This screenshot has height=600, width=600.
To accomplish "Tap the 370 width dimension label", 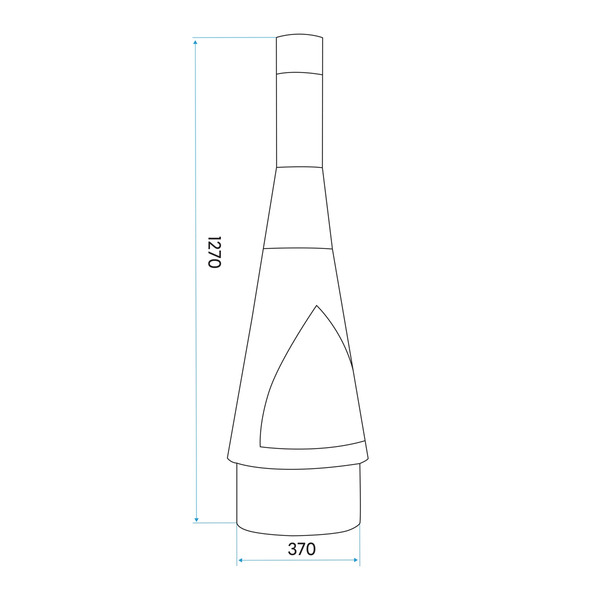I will tap(301, 548).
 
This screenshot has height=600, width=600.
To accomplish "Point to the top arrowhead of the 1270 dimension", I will tap(197, 42).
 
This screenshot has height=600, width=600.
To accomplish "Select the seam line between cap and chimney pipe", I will tap(300, 72).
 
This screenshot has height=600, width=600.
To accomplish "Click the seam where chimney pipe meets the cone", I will tap(300, 166).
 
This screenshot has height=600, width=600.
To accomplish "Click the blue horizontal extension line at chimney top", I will tap(235, 38).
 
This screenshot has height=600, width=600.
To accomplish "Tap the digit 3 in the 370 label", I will tap(291, 548).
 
